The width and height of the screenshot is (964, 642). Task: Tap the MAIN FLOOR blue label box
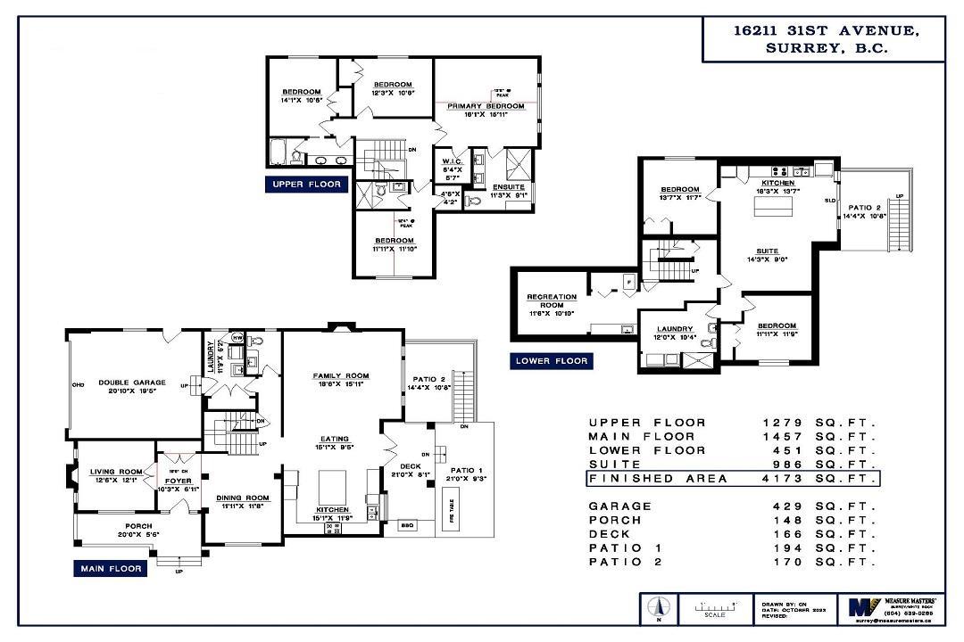point(111,568)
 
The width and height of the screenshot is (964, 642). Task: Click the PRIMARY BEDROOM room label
point(486,106)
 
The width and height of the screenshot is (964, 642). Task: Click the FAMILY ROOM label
point(340,375)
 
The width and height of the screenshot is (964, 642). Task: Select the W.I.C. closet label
point(451,161)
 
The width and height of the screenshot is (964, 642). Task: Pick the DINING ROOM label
point(242,498)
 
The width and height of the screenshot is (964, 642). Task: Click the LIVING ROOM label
point(116,472)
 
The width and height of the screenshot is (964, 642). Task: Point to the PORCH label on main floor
point(138,526)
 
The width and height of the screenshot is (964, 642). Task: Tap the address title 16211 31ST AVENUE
point(825,30)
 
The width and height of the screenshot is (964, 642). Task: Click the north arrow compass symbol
point(657,608)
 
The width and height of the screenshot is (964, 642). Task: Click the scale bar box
point(716,608)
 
